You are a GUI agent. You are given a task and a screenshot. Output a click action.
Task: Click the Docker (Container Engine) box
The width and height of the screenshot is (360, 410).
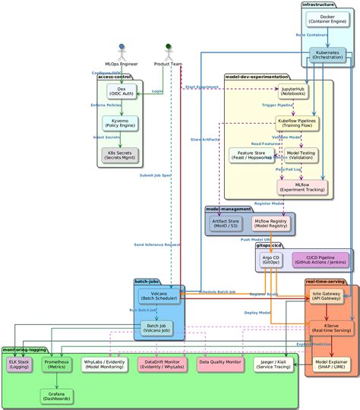[x=327, y=20]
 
